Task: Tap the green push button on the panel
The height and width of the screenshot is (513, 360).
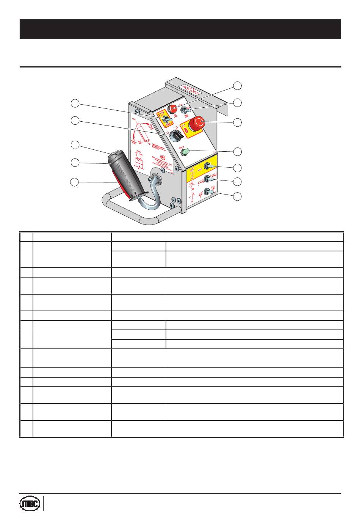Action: pyautogui.click(x=185, y=152)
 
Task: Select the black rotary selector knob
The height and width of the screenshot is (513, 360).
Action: pyautogui.click(x=176, y=135)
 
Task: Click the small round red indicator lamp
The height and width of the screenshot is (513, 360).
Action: pyautogui.click(x=172, y=109)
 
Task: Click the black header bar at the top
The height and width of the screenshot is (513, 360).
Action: pyautogui.click(x=180, y=29)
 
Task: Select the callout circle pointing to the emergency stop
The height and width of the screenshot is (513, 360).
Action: pyautogui.click(x=237, y=122)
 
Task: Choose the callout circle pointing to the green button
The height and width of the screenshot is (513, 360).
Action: pyautogui.click(x=237, y=151)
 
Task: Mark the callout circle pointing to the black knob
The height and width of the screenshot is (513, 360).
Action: pyautogui.click(x=75, y=121)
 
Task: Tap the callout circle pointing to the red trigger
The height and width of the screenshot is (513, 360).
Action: pyautogui.click(x=75, y=182)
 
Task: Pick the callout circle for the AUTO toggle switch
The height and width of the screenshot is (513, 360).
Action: pyautogui.click(x=237, y=167)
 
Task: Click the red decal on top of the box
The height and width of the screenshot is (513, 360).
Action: pyautogui.click(x=193, y=89)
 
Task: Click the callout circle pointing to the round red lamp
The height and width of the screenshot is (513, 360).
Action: pyautogui.click(x=237, y=85)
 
